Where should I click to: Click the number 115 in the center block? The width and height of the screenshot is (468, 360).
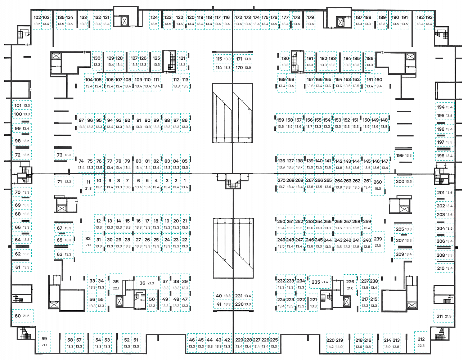coord(219,59)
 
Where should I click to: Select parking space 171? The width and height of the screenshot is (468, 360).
coord(239,59)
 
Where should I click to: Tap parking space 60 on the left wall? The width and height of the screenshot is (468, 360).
coord(18,316)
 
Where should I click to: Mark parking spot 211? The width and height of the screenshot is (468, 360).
coord(440,316)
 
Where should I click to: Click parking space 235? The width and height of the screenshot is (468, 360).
coord(316,282)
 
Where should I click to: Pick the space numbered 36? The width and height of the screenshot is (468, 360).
coord(142,283)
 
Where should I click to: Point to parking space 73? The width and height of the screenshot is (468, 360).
coord(60,155)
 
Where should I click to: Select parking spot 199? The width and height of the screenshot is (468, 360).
coord(400,156)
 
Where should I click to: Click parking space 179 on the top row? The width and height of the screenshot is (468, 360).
coord(310,17)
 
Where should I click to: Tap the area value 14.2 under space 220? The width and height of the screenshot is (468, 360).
coord(330,347)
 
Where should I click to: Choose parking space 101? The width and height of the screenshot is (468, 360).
coord(18,105)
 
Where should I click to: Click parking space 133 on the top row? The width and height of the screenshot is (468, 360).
coord(84,17)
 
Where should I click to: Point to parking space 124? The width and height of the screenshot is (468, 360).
coord(154,17)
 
